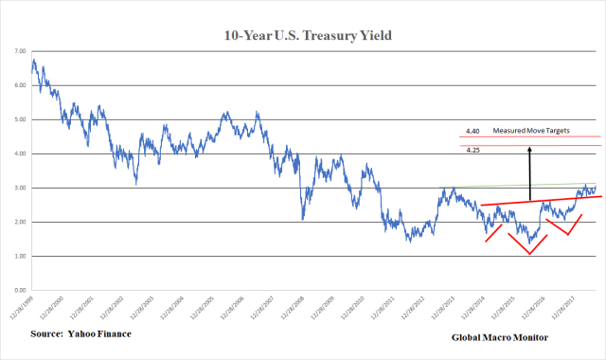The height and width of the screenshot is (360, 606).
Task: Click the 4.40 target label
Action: (x=472, y=131)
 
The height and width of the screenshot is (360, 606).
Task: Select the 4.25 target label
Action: (x=472, y=150)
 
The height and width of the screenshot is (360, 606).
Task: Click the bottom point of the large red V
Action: (x=529, y=254)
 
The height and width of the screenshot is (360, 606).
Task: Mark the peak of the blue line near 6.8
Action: (x=34, y=61)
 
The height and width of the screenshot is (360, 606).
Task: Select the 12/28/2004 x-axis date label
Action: (x=175, y=309)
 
